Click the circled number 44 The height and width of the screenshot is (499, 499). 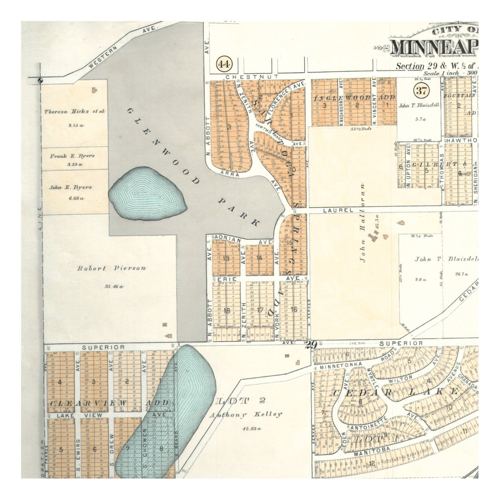point(224,64)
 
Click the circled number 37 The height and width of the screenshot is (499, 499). point(421,90)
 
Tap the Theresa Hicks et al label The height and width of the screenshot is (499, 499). point(75,111)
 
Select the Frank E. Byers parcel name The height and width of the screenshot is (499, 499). point(72,156)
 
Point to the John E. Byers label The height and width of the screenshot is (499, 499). point(71,187)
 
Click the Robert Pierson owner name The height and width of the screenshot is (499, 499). point(111,268)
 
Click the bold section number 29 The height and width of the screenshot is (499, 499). point(311,345)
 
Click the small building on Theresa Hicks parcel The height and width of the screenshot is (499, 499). point(95,89)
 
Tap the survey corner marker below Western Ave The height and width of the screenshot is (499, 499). point(41,80)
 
